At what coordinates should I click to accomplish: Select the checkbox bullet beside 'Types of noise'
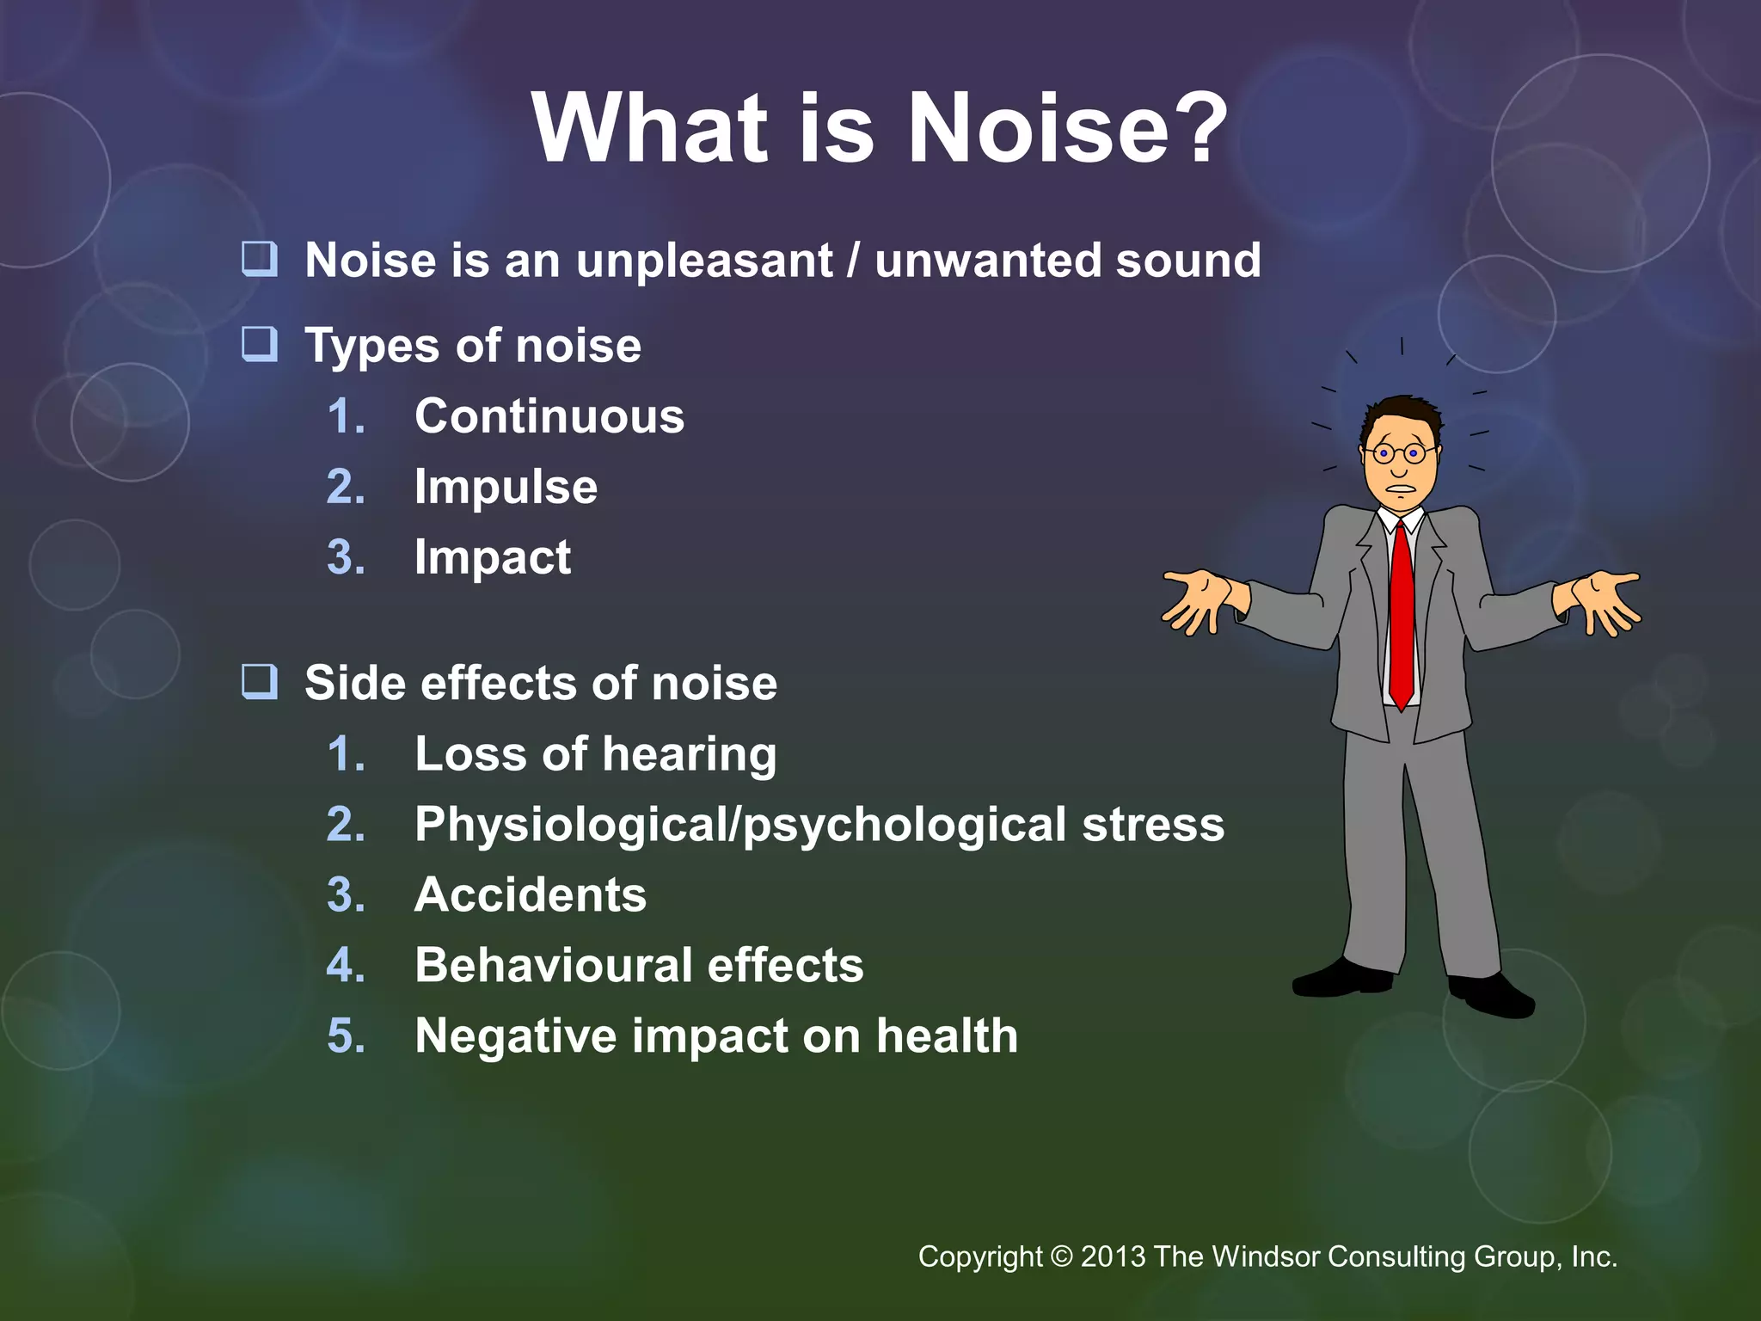coord(259,343)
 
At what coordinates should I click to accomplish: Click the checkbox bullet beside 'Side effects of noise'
coord(259,681)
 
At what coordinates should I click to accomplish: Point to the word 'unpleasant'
coord(704,261)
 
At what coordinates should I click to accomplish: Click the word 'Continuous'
coord(549,416)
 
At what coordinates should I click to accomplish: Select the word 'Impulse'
coord(506,487)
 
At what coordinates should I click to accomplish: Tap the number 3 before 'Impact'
coord(346,557)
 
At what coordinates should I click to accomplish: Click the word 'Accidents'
coord(531,894)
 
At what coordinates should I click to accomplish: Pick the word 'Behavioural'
coord(553,965)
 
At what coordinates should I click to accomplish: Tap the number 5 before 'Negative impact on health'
coord(346,1035)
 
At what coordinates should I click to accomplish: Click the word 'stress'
coord(1152,824)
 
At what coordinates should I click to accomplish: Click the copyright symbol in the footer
coord(1062,1256)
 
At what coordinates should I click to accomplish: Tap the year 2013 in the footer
coord(1113,1256)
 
